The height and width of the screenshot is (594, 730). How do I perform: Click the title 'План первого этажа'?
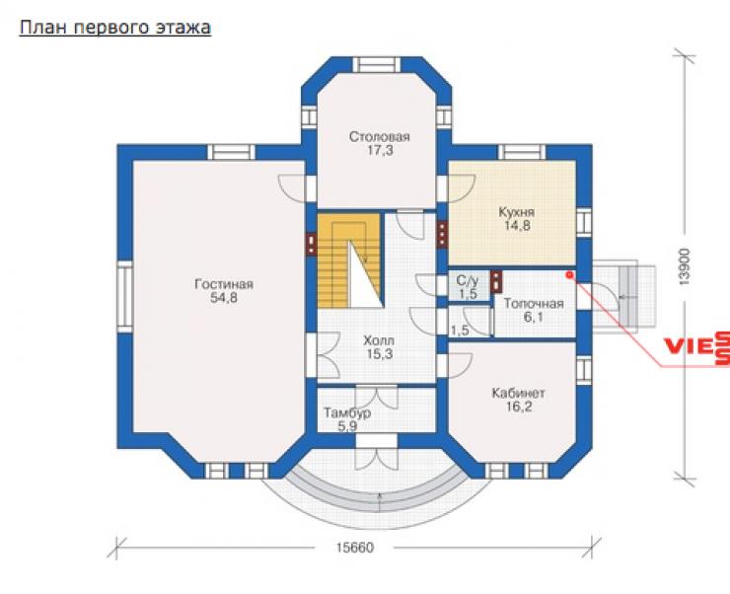pyautogui.click(x=115, y=28)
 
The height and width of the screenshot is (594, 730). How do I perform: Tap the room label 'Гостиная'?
pyautogui.click(x=224, y=284)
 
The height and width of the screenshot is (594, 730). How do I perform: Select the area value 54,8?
pyautogui.click(x=224, y=298)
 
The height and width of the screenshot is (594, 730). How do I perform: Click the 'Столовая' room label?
pyautogui.click(x=380, y=137)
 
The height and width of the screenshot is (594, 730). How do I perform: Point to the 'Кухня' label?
pyautogui.click(x=516, y=213)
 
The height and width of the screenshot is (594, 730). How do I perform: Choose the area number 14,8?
pyautogui.click(x=517, y=226)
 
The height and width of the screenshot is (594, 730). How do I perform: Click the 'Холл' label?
pyautogui.click(x=379, y=340)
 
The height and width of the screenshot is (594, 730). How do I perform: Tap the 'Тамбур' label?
pyautogui.click(x=347, y=412)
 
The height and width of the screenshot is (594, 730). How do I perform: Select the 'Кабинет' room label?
pyautogui.click(x=518, y=394)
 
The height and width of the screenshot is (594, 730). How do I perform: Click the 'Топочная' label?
pyautogui.click(x=534, y=304)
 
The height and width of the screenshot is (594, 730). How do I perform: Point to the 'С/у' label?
pyautogui.click(x=468, y=280)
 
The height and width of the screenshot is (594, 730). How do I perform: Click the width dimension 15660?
pyautogui.click(x=355, y=548)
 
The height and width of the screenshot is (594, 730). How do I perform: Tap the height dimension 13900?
pyautogui.click(x=684, y=266)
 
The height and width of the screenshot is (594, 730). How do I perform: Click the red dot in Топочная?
pyautogui.click(x=569, y=274)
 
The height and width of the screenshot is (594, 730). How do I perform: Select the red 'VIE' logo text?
pyautogui.click(x=688, y=346)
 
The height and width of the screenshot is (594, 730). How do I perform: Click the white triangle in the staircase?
pyautogui.click(x=366, y=279)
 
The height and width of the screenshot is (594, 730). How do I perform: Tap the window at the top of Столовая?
pyautogui.click(x=377, y=65)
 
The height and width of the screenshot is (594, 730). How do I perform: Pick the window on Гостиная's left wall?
pyautogui.click(x=124, y=297)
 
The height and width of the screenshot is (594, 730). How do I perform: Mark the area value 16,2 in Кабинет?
pyautogui.click(x=519, y=408)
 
